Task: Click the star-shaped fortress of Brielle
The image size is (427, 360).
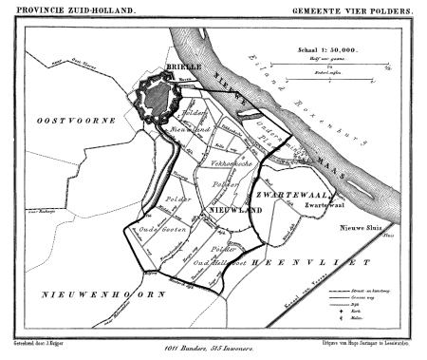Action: click(x=156, y=98)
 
